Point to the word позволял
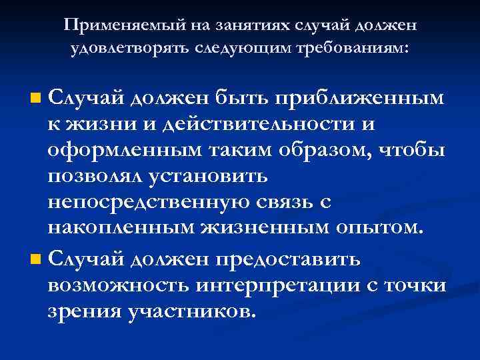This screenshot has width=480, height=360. point(91,177)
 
